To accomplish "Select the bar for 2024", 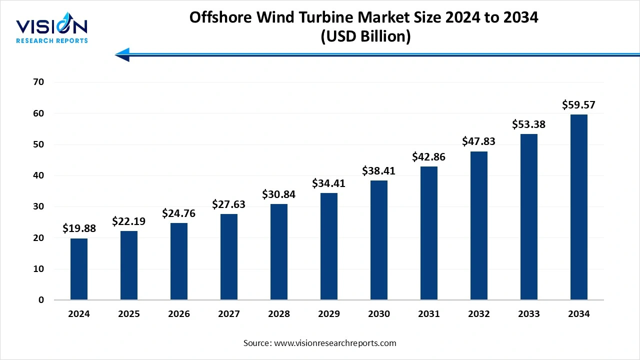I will pos(79,269).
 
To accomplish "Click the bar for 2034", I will pos(579,207).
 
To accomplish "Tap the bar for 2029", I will pos(329,246).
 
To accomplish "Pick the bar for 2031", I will pos(429,233).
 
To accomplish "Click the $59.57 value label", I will pos(579,105).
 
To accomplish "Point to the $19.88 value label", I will pos(79,228).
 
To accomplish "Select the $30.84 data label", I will pos(279,194).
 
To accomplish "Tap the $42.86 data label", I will pos(429,157).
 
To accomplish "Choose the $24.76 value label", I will pos(179,213).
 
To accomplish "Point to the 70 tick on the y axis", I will pos(38,82).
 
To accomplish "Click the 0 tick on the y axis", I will pos(41,300).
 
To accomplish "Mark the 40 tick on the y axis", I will pos(38,175).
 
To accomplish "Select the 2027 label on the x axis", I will pos(229,314).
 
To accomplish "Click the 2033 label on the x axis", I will pos(529,314).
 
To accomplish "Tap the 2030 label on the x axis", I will pos(379,314).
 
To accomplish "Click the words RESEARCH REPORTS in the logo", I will pos(52,40).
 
